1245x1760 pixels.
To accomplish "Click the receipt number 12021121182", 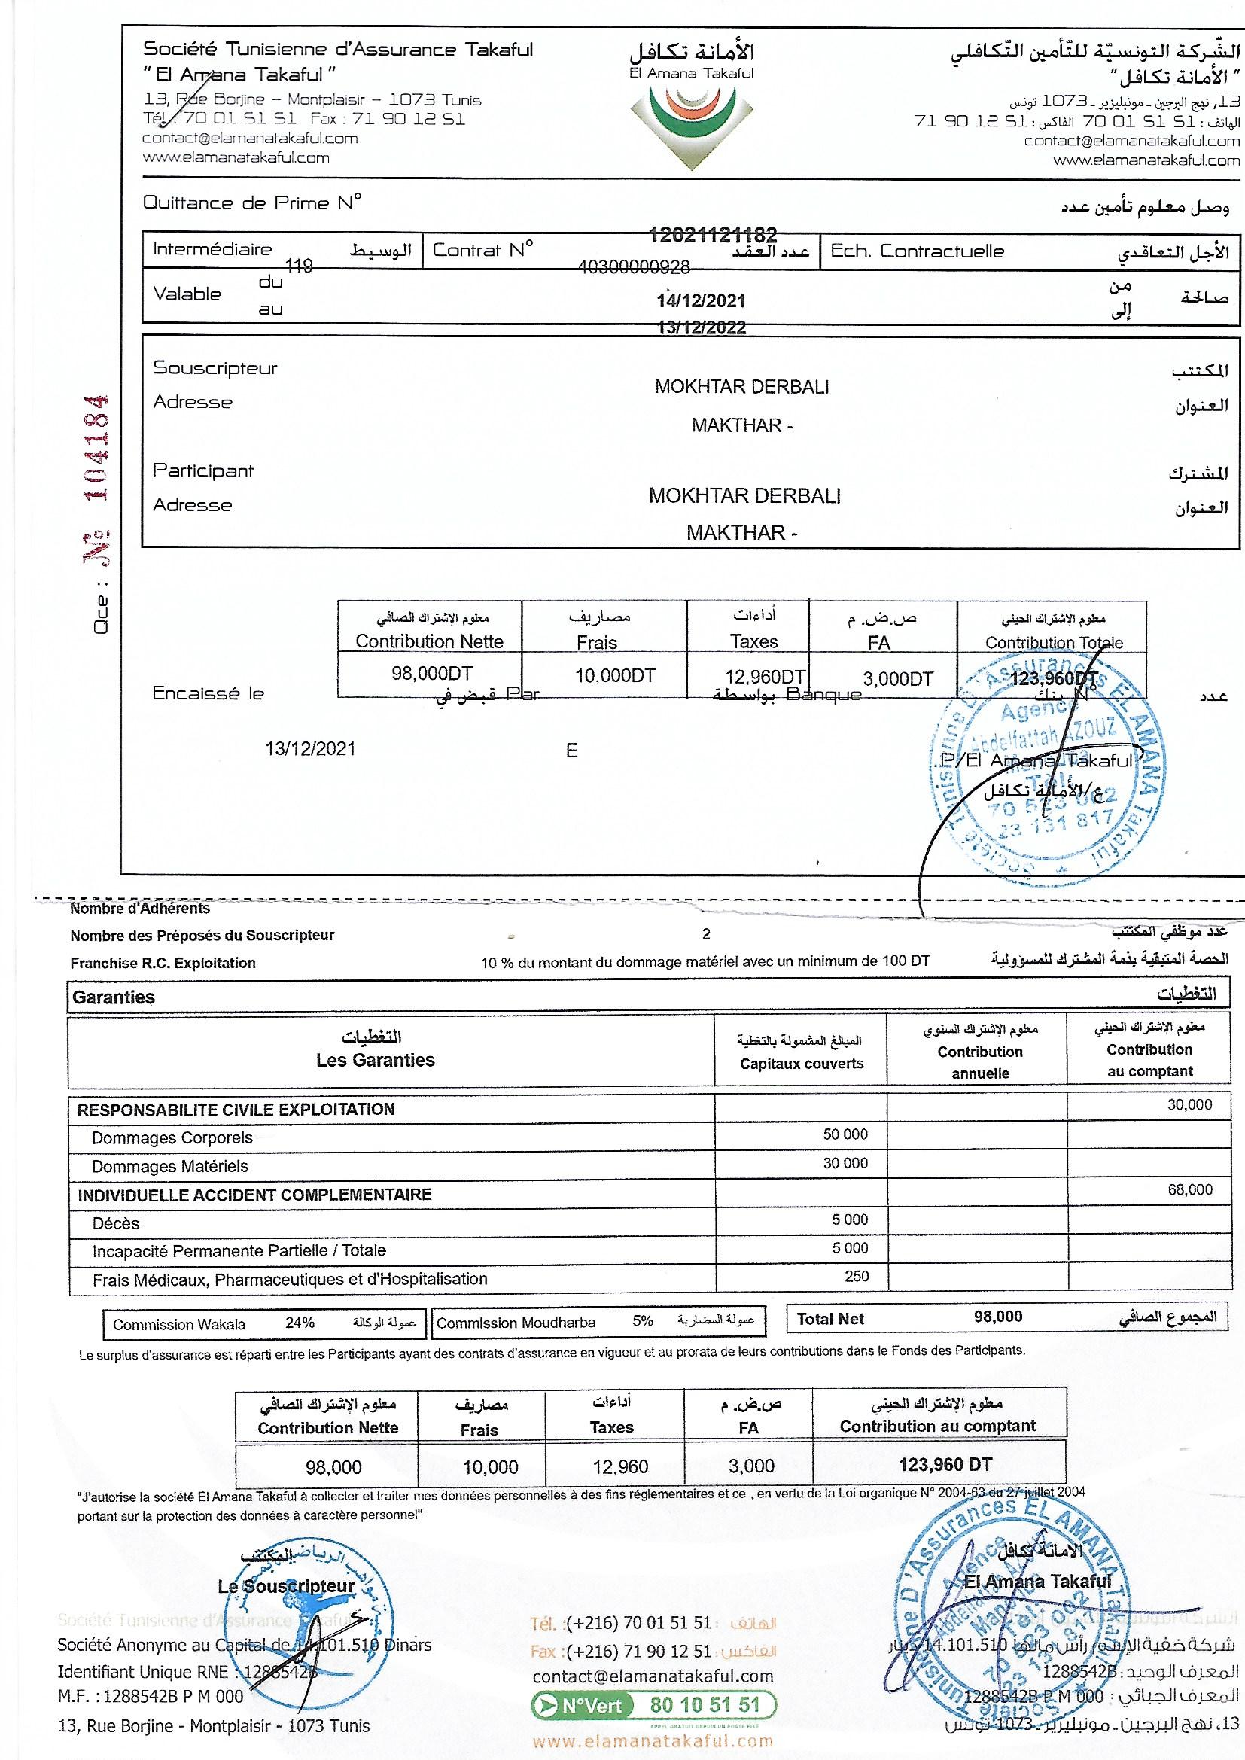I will tap(713, 235).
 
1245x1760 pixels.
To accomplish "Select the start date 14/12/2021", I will tap(701, 300).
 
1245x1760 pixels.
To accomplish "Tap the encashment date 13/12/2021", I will tap(310, 749).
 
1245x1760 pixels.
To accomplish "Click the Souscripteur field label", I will tap(215, 368).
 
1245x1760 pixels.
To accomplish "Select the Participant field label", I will tap(203, 470).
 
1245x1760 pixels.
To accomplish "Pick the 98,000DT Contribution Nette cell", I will tap(431, 674).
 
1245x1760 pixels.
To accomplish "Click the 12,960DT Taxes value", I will tap(764, 677).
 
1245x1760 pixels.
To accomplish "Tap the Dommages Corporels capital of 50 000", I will tap(845, 1134).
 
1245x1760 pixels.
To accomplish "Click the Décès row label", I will tap(116, 1223).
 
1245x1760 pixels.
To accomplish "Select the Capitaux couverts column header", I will tap(801, 1064).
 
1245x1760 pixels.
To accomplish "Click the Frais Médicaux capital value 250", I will tap(857, 1276).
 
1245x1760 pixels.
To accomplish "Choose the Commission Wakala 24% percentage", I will tap(300, 1323).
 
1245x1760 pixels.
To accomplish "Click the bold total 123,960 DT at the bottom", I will tap(945, 1465).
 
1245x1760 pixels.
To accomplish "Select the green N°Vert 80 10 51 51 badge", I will tap(653, 1706).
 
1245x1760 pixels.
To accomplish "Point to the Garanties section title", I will tap(114, 997).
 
